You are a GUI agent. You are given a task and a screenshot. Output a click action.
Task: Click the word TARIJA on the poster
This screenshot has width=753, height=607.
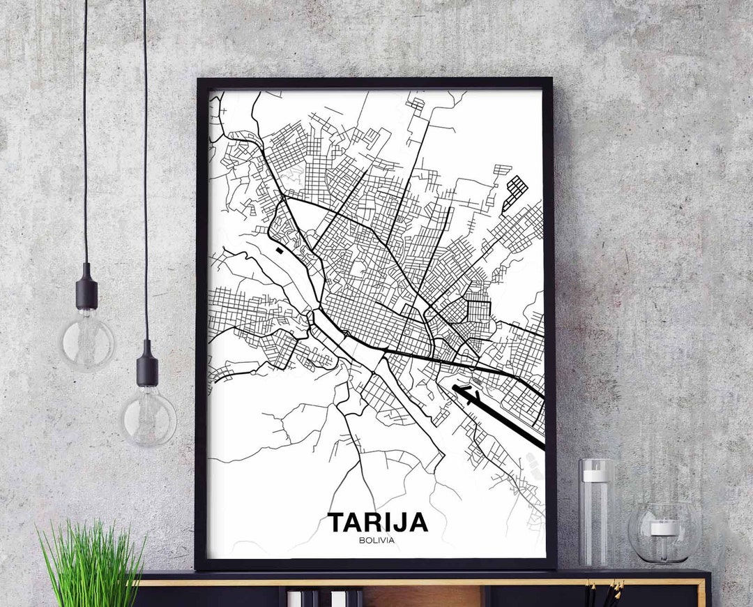click(x=377, y=522)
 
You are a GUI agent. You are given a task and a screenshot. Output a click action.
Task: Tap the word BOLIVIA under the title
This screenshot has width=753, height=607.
click(x=377, y=539)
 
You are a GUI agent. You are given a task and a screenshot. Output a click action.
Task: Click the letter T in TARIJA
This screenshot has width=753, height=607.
click(x=336, y=522)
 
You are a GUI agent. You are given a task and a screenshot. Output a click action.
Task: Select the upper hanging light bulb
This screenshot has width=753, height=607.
click(x=87, y=340)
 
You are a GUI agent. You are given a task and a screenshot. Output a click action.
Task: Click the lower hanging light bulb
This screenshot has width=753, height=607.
click(x=148, y=417)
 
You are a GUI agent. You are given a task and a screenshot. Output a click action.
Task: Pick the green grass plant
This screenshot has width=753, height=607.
click(x=91, y=565)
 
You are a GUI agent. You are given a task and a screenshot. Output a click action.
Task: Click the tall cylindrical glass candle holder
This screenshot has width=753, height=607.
click(x=596, y=513)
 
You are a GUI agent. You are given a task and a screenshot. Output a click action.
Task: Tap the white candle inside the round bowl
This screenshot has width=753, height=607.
click(x=664, y=527)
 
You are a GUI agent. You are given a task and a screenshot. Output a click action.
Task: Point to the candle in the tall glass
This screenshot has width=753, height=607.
click(x=596, y=476)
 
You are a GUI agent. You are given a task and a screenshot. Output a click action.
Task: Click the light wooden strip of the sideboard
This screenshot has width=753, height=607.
click(x=418, y=582)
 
